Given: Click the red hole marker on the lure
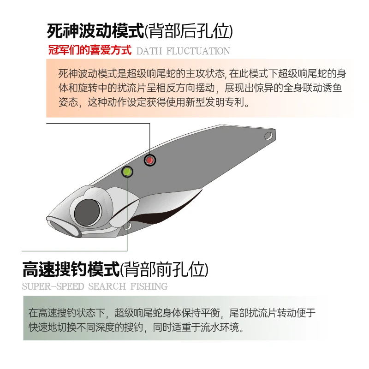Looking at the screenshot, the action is [149, 160].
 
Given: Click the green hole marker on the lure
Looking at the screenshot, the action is [127, 172].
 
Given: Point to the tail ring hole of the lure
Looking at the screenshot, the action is [268, 136].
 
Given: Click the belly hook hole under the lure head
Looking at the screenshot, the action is [127, 226].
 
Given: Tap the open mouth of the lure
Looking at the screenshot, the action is [64, 228].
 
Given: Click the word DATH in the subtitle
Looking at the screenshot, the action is [149, 51].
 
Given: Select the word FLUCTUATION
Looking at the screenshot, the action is [198, 51].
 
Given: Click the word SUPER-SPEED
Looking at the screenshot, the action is [53, 286].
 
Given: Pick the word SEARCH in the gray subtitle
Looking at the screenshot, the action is [107, 286].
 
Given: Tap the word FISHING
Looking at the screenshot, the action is [149, 286].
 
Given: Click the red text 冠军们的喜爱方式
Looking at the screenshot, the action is [90, 50].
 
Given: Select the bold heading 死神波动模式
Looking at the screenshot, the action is [95, 31].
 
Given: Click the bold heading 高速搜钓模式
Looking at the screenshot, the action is [71, 269].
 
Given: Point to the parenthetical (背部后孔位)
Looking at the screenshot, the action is [189, 31].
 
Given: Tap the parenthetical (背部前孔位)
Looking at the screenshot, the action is [164, 269].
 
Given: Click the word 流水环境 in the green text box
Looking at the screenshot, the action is [220, 327].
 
